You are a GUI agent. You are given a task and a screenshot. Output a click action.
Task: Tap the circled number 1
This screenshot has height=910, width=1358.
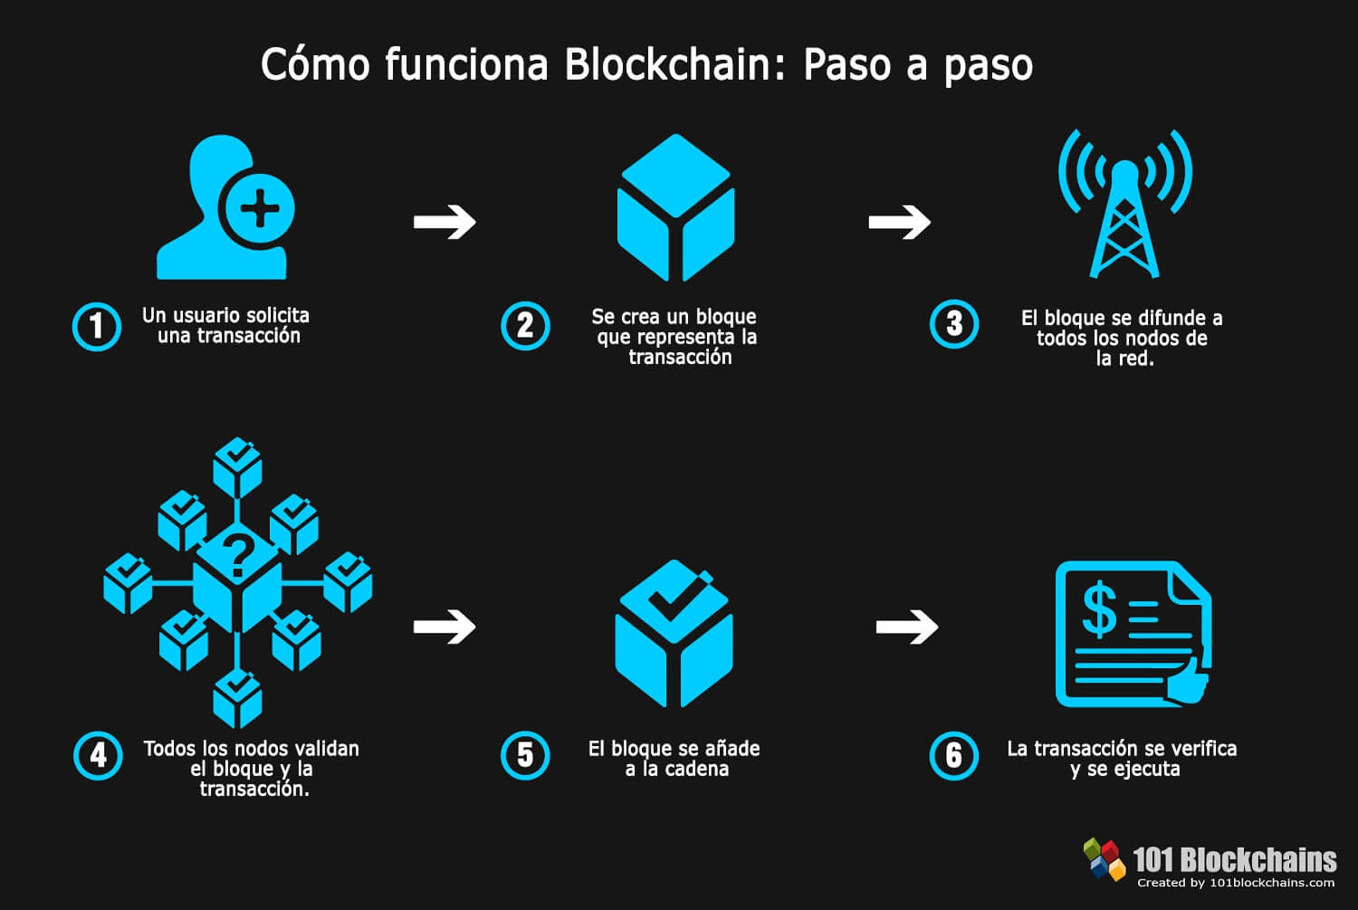pyautogui.click(x=97, y=326)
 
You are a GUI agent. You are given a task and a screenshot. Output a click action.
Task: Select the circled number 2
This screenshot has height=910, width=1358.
pyautogui.click(x=525, y=326)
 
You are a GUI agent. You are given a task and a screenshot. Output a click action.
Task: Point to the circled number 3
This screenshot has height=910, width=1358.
pyautogui.click(x=954, y=324)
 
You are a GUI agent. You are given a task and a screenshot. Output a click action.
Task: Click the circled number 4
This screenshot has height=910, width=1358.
pyautogui.click(x=98, y=756)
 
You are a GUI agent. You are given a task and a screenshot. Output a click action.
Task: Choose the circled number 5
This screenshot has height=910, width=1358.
pyautogui.click(x=525, y=756)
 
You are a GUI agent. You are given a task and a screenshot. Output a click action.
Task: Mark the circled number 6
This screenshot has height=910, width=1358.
pyautogui.click(x=954, y=756)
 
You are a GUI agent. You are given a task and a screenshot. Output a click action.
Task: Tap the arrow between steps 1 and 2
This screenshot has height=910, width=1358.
pyautogui.click(x=445, y=221)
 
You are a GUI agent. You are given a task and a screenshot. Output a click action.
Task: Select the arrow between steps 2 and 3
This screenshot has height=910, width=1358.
pyautogui.click(x=899, y=221)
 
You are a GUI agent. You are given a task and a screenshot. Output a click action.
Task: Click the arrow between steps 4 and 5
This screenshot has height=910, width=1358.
pyautogui.click(x=445, y=626)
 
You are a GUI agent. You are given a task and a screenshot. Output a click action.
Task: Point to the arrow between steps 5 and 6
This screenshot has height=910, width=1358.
pyautogui.click(x=907, y=626)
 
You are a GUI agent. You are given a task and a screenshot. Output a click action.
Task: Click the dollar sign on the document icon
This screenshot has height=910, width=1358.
pyautogui.click(x=1099, y=609)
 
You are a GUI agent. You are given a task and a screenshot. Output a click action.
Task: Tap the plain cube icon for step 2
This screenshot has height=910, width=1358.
pyautogui.click(x=675, y=208)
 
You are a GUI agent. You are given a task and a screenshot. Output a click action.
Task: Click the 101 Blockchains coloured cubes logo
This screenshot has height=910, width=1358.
pyautogui.click(x=1104, y=858)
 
